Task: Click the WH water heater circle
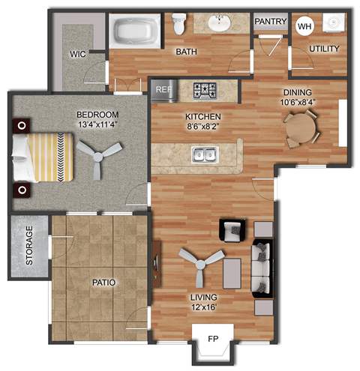pos(304,26)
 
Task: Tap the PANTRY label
pos(270,22)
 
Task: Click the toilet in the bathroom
pos(179,25)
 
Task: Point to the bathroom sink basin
pos(222,24)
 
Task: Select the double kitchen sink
pos(204,155)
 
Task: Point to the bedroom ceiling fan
pos(98,157)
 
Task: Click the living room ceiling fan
pos(201,262)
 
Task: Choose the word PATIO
pos(103,283)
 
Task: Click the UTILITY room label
pos(324,49)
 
